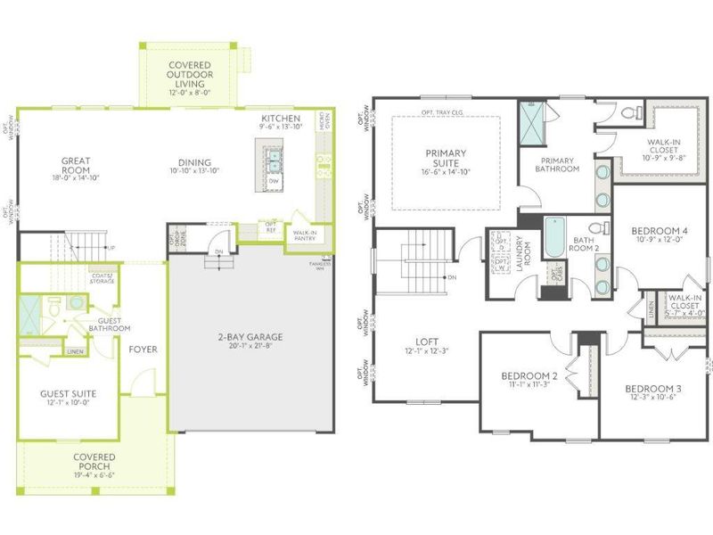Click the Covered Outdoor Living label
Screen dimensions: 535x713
(190, 71)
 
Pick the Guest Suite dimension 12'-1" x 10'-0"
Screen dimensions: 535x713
(68, 402)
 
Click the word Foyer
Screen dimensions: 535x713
(143, 349)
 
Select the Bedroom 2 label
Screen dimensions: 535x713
(529, 375)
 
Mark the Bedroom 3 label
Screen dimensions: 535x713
(652, 389)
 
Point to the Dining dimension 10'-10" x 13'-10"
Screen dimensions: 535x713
(194, 170)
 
